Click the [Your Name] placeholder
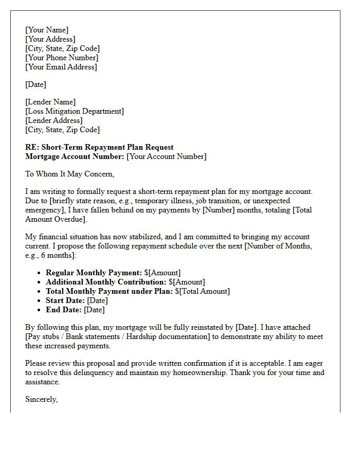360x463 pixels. point(46,30)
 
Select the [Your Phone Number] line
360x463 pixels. point(61,58)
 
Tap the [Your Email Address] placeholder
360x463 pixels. point(61,67)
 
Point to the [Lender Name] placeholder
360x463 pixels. point(50,102)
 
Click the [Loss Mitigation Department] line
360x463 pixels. point(74,111)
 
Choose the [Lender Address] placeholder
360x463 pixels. point(53,120)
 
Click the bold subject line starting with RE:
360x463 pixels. point(99,147)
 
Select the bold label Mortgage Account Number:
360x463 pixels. point(75,156)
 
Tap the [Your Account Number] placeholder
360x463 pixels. point(166,156)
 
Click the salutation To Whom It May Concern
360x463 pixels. point(69,174)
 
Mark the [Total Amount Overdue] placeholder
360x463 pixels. point(56,219)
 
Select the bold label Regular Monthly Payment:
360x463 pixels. point(94,273)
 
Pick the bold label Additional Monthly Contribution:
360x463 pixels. point(106,282)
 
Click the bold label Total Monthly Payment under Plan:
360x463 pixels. point(109,291)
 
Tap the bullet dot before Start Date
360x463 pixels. point(40,301)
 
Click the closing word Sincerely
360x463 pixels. point(41,399)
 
